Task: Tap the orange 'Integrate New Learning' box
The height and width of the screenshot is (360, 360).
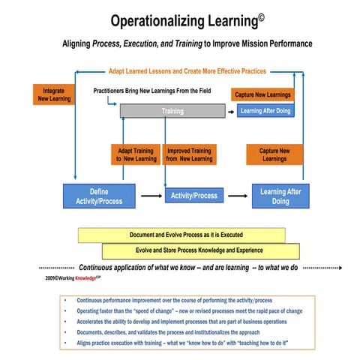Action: (52, 93)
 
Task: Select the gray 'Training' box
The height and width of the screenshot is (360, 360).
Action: (172, 111)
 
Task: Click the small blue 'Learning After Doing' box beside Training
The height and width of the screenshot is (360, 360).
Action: (262, 111)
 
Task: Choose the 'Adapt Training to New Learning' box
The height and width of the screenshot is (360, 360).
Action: (136, 154)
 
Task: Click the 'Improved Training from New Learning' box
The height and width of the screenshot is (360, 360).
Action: (190, 154)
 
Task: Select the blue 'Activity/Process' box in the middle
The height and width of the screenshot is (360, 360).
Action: (194, 196)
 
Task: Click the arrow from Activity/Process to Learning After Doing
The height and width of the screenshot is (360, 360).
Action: (237, 196)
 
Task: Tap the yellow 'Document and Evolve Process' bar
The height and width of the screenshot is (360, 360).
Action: (185, 235)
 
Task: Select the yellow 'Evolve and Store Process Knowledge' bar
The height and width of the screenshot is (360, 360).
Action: (200, 250)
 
